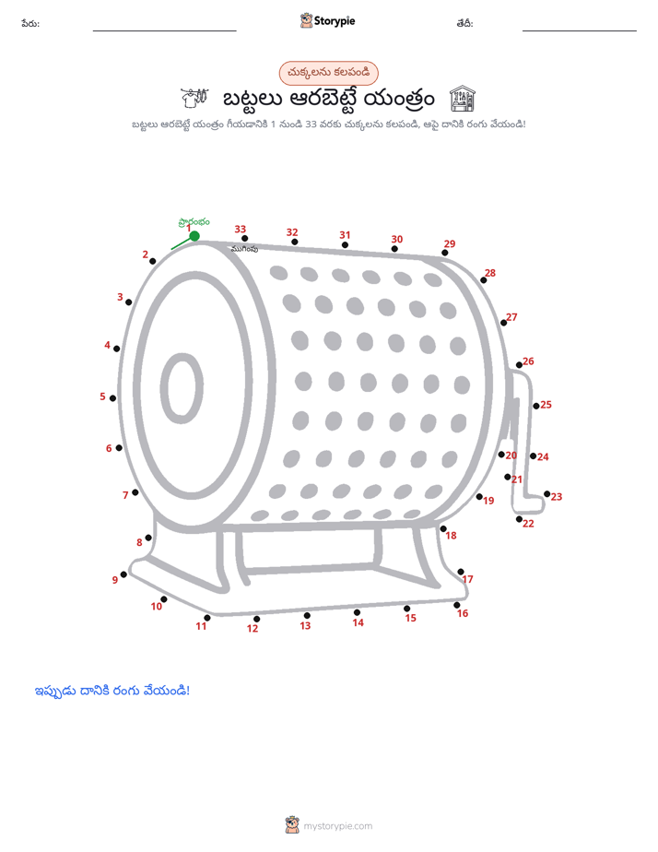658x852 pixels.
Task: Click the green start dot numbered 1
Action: (x=194, y=236)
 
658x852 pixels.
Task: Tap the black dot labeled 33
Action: (x=245, y=239)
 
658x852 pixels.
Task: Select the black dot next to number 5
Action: (x=113, y=398)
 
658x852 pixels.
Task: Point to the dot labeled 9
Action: (x=123, y=574)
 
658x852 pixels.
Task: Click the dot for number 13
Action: (x=307, y=616)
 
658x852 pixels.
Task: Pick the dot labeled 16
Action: (x=457, y=605)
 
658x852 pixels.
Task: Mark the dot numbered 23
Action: (x=547, y=494)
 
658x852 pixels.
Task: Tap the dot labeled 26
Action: (x=520, y=365)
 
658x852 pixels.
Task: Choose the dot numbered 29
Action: (x=445, y=253)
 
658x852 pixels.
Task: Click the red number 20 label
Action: (x=511, y=456)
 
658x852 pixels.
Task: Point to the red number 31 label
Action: (x=346, y=235)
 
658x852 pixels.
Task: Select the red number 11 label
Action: (x=202, y=626)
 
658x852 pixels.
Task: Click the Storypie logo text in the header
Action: (x=335, y=21)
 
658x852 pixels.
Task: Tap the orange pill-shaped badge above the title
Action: (x=328, y=73)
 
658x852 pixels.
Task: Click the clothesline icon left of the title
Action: (x=194, y=98)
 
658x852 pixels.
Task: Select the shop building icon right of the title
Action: (x=463, y=99)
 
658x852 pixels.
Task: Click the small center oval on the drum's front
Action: (x=182, y=388)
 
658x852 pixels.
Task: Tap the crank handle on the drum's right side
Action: (x=524, y=441)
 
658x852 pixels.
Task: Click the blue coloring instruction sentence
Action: (x=112, y=692)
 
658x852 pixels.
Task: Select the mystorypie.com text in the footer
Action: (x=337, y=826)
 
